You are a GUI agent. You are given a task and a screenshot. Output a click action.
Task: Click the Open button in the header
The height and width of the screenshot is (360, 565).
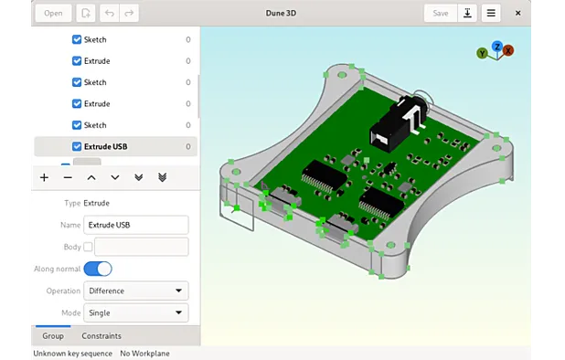click(x=53, y=13)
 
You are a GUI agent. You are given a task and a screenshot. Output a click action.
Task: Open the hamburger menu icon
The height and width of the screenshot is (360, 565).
click(x=491, y=13)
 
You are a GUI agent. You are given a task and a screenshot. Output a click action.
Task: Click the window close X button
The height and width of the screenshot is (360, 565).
click(x=518, y=13)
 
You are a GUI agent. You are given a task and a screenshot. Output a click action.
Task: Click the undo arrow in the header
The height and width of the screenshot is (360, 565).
click(x=110, y=13)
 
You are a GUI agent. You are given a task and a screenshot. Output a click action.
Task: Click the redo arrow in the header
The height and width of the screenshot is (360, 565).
click(x=129, y=13)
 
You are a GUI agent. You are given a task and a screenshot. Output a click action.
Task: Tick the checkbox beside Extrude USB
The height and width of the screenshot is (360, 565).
click(x=77, y=146)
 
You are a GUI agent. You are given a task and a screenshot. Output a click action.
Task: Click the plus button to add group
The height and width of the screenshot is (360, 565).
click(x=44, y=177)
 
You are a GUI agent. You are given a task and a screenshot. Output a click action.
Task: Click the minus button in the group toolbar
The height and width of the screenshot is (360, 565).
click(x=68, y=177)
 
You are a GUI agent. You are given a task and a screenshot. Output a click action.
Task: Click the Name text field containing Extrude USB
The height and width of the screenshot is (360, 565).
click(x=135, y=225)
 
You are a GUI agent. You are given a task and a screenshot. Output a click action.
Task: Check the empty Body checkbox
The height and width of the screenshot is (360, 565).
click(x=88, y=247)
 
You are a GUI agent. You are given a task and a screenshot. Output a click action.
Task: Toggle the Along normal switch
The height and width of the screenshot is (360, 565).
click(x=98, y=269)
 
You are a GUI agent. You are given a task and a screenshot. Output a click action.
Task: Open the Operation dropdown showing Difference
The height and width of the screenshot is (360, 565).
click(x=135, y=291)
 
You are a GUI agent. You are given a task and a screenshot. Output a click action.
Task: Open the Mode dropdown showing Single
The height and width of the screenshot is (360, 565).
click(x=135, y=312)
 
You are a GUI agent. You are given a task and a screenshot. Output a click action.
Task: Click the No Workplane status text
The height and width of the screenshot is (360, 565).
click(x=144, y=354)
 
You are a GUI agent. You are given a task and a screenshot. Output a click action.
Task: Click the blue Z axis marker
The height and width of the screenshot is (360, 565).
click(x=497, y=46)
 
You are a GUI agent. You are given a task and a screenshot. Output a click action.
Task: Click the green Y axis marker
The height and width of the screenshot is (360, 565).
click(x=482, y=54)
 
